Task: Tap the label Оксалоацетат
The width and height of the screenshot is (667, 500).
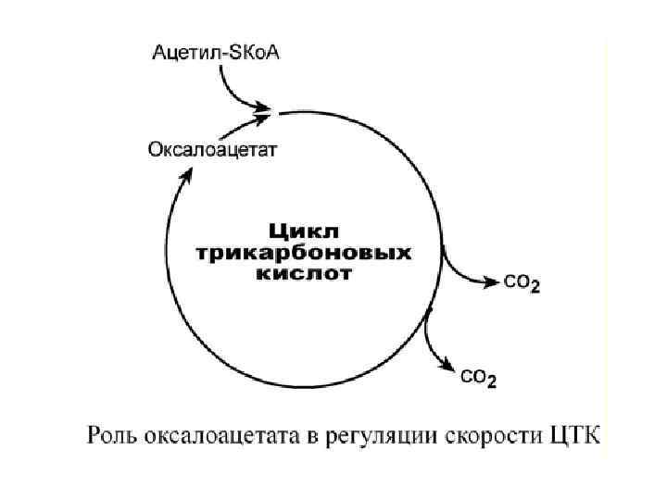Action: (212, 147)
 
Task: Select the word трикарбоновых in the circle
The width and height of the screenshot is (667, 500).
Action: (304, 252)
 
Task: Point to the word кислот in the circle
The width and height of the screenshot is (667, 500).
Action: (304, 274)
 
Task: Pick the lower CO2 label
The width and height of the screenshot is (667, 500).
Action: (478, 378)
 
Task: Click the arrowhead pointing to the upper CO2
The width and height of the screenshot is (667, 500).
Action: (492, 281)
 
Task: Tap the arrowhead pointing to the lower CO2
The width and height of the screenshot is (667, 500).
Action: (448, 368)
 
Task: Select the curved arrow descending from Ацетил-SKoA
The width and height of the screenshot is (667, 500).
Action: (232, 88)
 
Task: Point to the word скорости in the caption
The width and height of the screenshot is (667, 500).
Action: (490, 433)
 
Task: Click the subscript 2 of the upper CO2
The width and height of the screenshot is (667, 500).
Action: (535, 289)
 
